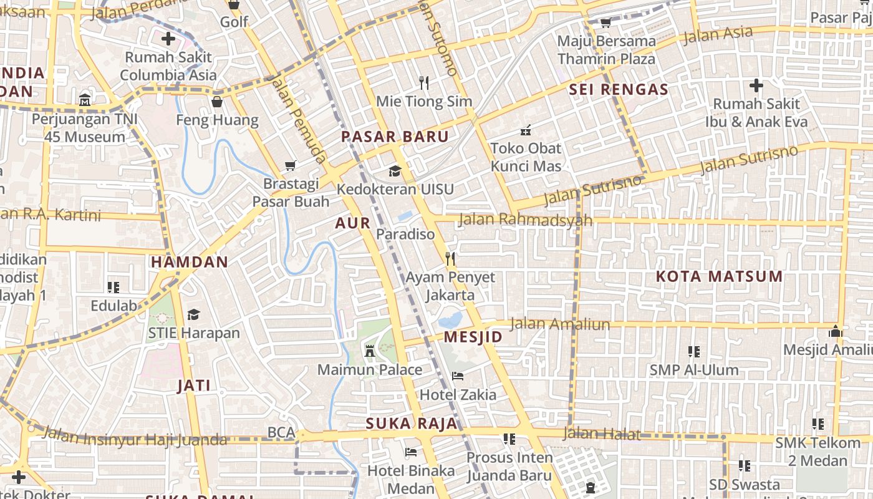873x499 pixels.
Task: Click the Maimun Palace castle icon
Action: click(369, 351)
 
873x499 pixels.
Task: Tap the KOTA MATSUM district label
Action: click(719, 276)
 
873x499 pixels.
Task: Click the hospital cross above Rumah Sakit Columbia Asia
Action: click(168, 39)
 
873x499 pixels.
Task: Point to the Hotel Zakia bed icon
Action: click(458, 376)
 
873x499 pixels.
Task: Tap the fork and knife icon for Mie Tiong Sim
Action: click(424, 82)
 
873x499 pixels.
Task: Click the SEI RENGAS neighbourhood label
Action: click(618, 89)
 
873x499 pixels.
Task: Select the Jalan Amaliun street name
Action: click(559, 324)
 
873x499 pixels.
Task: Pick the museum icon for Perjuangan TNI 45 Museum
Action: click(85, 100)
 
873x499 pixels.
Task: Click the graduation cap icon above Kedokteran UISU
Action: click(395, 171)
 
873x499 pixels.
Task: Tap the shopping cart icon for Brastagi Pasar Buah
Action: click(290, 165)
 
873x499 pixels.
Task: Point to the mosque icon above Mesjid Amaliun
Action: click(836, 331)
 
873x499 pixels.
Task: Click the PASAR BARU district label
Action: click(395, 137)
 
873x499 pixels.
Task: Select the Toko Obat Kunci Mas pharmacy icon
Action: click(526, 130)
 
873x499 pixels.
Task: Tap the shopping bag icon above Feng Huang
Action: click(217, 102)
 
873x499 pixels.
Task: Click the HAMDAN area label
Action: click(190, 262)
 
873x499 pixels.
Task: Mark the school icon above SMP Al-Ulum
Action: click(693, 352)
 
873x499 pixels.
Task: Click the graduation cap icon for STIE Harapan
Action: click(194, 314)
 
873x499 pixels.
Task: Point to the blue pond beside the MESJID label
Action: click(450, 321)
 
